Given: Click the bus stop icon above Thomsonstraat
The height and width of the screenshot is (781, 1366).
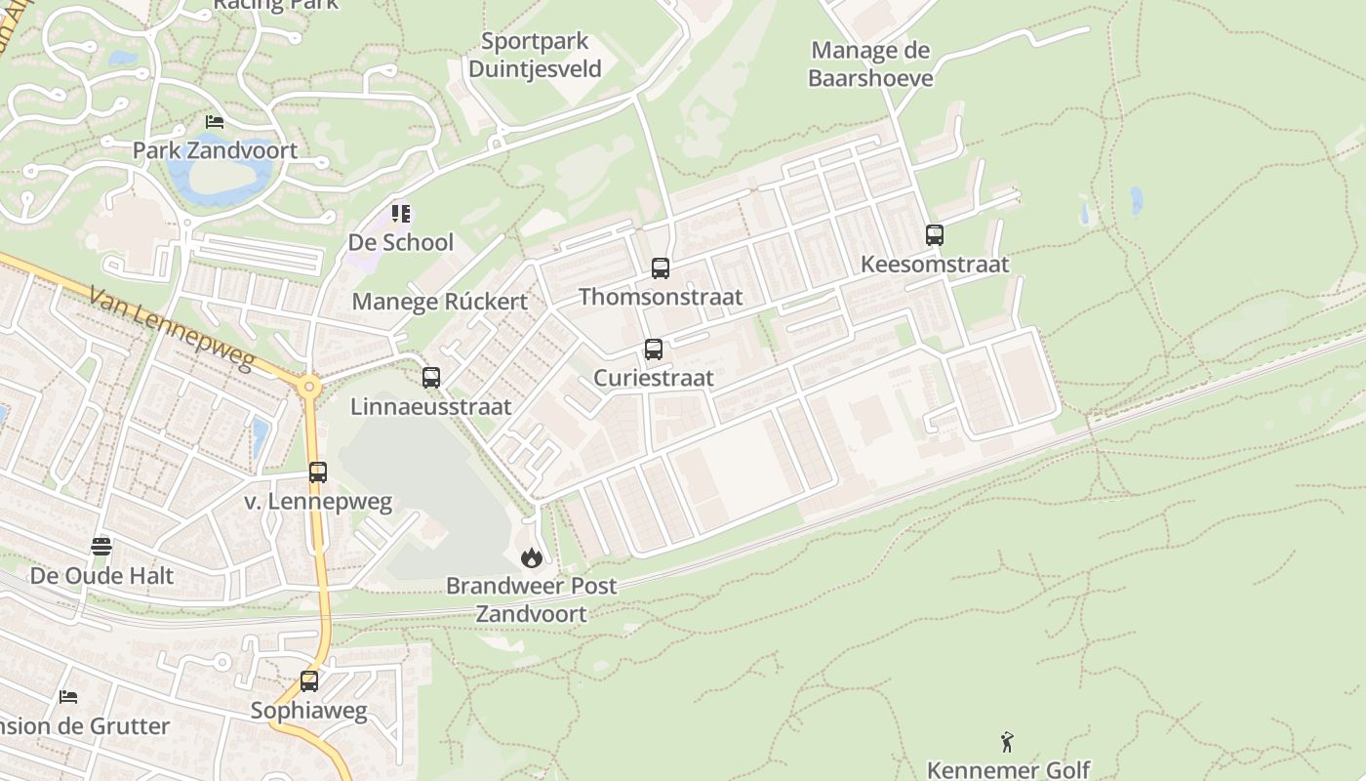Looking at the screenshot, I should tap(661, 268).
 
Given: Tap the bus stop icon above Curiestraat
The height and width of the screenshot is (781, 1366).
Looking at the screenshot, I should tap(654, 349).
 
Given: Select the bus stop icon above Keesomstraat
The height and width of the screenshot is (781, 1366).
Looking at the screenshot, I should tap(935, 235).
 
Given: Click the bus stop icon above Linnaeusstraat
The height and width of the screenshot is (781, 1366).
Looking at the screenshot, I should tap(431, 378).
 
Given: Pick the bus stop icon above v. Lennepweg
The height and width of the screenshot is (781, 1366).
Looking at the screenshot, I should tap(318, 473).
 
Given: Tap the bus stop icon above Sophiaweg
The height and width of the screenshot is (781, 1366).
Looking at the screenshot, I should tap(309, 681).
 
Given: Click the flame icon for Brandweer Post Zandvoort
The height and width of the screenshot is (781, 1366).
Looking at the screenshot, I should tap(532, 557).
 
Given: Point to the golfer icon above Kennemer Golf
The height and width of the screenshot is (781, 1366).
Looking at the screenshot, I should tap(1008, 743).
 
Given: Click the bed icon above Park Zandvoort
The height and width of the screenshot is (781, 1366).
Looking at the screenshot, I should tap(215, 122).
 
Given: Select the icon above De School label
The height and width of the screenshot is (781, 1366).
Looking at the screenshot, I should tap(401, 213).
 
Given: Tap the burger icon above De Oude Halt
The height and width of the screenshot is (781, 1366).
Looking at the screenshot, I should tap(101, 546).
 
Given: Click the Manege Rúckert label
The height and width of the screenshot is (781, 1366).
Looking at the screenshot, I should tap(439, 302).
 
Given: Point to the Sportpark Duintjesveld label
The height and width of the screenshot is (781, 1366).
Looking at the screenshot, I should tap(535, 56).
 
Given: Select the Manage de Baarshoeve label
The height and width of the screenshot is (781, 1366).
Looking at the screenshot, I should tap(870, 64).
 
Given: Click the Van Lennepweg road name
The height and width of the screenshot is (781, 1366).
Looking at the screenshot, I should tap(171, 328).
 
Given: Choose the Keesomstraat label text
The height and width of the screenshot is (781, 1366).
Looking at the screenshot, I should tap(935, 265).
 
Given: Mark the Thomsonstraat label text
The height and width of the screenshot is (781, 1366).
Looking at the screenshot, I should tap(661, 297).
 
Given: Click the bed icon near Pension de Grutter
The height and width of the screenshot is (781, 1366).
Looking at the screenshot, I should tap(68, 696).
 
